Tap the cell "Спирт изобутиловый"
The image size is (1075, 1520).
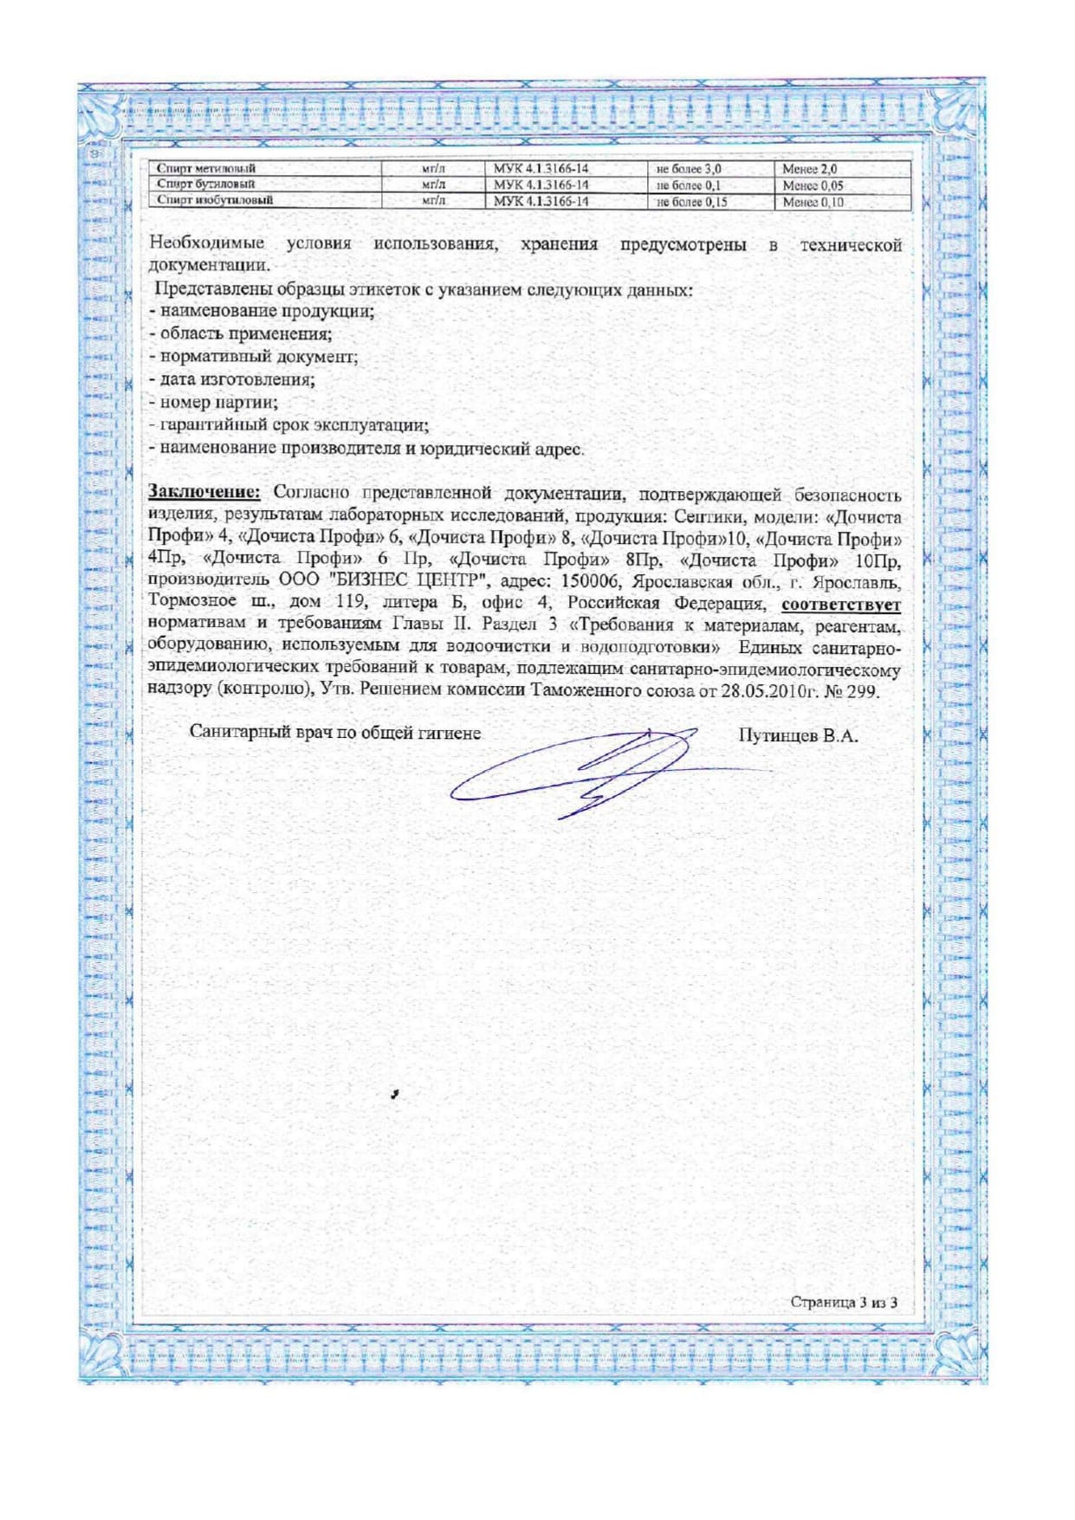point(215,200)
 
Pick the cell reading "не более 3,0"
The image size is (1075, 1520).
point(690,170)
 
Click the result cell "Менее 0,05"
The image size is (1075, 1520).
point(813,185)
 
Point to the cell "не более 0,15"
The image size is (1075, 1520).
point(692,202)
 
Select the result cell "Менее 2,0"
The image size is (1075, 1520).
point(809,170)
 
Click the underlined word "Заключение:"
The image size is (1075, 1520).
point(204,493)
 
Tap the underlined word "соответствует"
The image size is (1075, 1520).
point(841,605)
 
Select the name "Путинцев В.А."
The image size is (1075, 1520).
point(798,736)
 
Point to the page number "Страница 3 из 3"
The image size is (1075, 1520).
point(844,1303)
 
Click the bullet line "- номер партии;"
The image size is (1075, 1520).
point(213,403)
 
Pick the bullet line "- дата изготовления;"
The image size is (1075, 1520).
point(231,379)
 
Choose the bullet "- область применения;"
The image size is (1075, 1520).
point(240,333)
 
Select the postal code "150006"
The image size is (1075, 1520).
point(592,581)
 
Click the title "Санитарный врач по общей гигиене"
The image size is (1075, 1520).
point(335,733)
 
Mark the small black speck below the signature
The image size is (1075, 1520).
point(394,1095)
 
